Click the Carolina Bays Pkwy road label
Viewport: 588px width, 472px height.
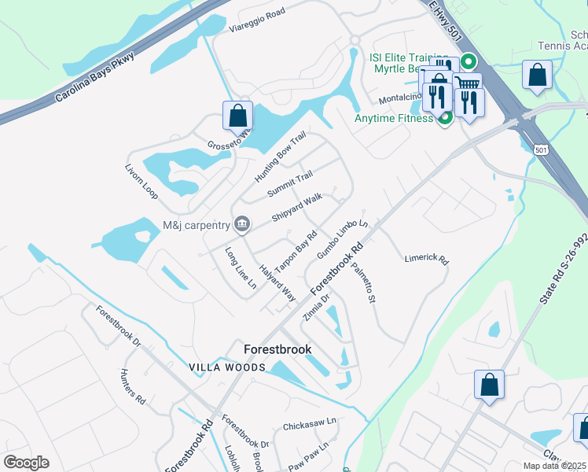pos(95,78)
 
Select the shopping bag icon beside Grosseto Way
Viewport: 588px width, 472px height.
pos(237,116)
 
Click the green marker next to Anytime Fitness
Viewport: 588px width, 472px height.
pos(444,119)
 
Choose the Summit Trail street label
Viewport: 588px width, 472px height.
pos(290,184)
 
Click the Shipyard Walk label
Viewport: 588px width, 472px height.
pos(296,207)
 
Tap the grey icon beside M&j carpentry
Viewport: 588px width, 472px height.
pos(242,226)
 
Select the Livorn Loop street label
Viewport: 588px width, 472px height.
pos(141,182)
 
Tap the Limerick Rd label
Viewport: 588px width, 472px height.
pos(426,259)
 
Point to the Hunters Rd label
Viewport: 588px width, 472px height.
pos(133,386)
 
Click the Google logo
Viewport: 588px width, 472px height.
pos(27,462)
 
